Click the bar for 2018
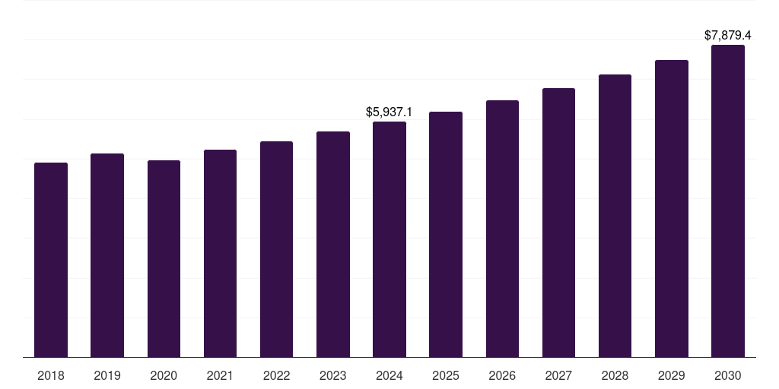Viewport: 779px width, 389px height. click(x=51, y=260)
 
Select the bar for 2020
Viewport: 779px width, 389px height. click(x=164, y=258)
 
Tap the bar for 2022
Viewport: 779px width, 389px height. click(x=276, y=249)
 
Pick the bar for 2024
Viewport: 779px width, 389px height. click(x=389, y=239)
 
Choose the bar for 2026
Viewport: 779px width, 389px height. click(x=502, y=229)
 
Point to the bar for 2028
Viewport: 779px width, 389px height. click(x=615, y=216)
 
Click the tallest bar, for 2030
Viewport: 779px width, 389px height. click(x=728, y=201)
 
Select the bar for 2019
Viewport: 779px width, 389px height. click(x=107, y=255)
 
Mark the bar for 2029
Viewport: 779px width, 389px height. click(x=672, y=209)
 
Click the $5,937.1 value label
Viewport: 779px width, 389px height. click(x=389, y=112)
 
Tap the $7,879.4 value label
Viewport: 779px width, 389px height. click(x=728, y=35)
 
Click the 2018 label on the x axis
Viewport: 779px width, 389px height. click(x=51, y=375)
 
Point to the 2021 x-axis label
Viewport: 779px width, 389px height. click(x=220, y=375)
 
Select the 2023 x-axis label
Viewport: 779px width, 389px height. click(x=333, y=375)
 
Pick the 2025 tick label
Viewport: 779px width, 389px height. click(x=446, y=375)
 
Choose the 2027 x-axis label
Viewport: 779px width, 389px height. click(x=558, y=375)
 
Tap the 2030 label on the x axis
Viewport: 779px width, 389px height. click(x=728, y=375)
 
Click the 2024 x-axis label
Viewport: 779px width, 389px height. click(x=389, y=375)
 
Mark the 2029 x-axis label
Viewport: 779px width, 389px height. click(x=672, y=375)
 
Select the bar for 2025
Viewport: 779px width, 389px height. click(x=446, y=235)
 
